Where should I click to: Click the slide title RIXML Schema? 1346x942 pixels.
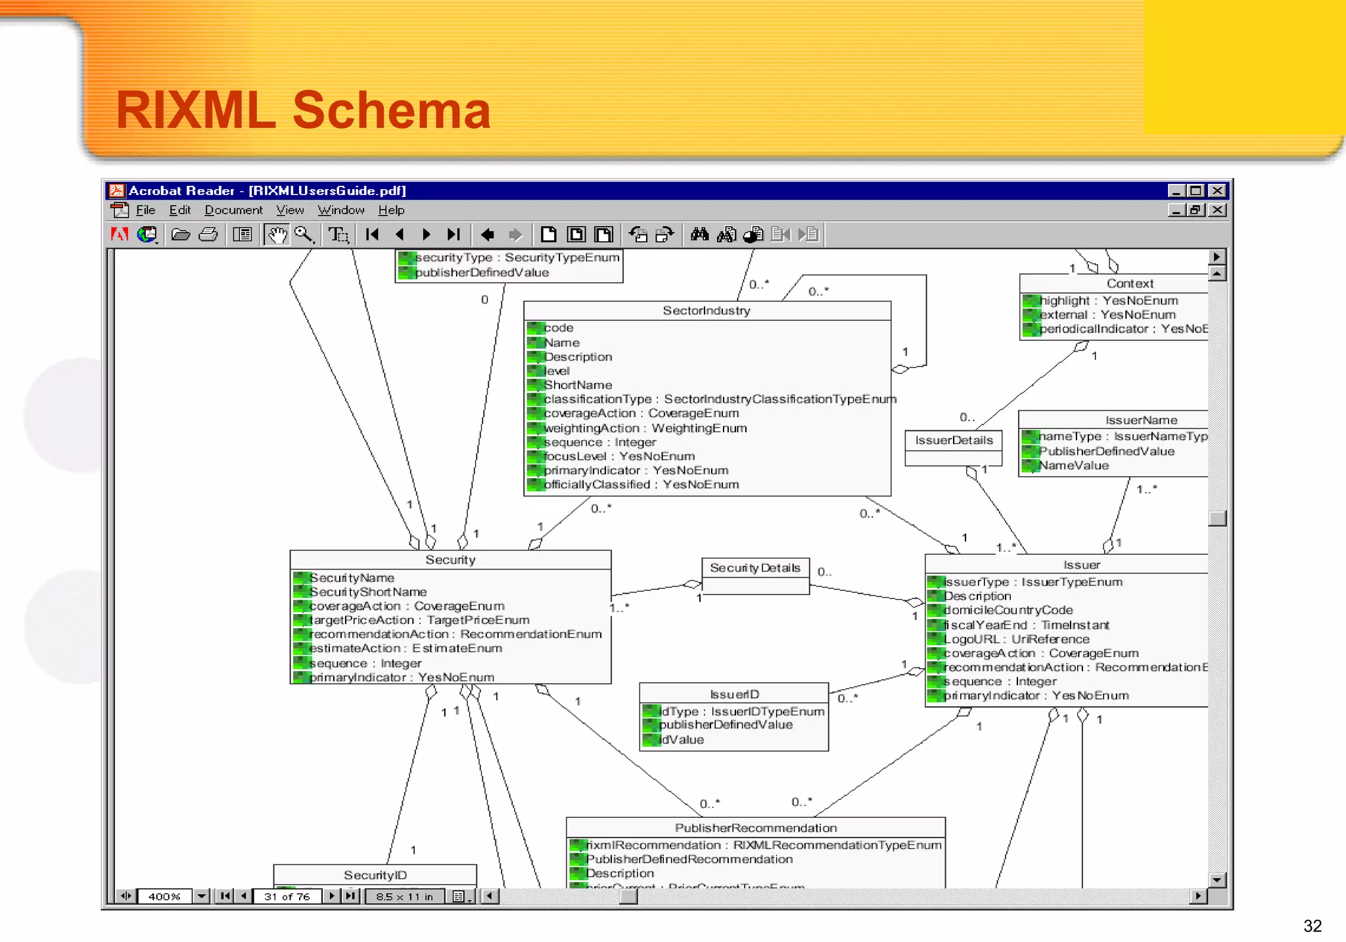point(303,110)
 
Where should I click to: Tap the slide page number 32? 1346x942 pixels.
point(1312,926)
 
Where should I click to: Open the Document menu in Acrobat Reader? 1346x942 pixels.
point(233,210)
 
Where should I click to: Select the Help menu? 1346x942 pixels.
point(391,210)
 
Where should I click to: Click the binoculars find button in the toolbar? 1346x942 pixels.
point(699,235)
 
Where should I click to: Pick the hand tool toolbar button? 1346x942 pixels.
point(277,235)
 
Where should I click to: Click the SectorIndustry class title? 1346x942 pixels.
point(707,311)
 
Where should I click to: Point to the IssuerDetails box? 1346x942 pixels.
point(954,441)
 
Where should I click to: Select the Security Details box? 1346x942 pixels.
point(755,568)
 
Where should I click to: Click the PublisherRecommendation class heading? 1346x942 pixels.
point(756,828)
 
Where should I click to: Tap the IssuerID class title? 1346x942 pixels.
point(734,694)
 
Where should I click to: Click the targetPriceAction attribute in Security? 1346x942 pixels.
point(419,620)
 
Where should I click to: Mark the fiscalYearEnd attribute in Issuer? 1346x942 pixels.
point(1026,625)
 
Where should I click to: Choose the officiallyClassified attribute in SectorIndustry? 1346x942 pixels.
point(641,485)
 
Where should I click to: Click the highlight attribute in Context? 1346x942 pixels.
point(1109,301)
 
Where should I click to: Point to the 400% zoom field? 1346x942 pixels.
point(164,897)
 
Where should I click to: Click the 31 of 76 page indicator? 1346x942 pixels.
point(287,897)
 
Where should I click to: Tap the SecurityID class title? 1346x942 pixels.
point(375,875)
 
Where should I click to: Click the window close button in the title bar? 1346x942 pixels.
point(1217,191)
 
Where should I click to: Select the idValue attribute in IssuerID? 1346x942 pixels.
point(682,740)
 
